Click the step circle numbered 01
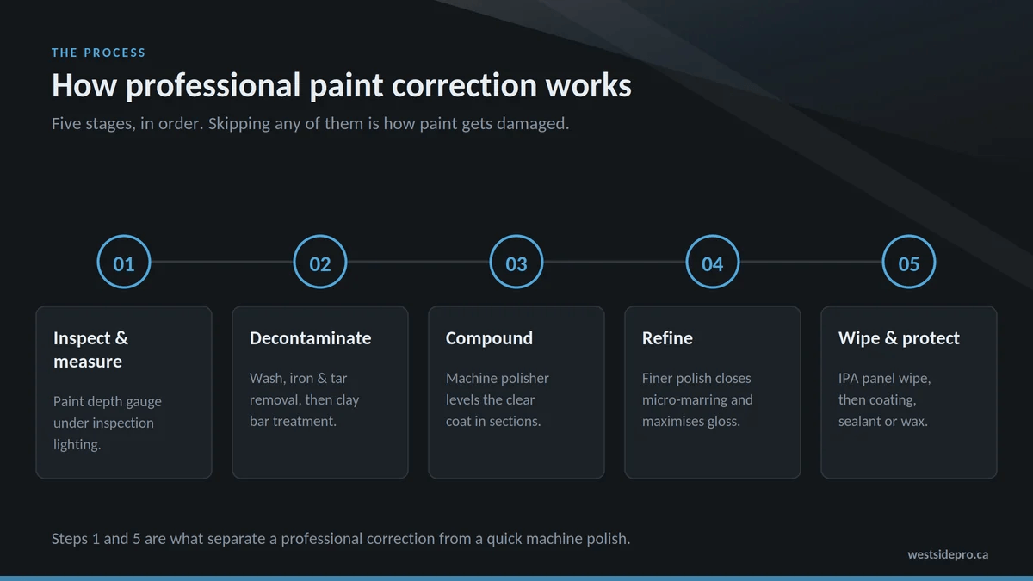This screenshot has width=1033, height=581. point(124,235)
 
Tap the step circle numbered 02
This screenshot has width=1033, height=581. point(320,235)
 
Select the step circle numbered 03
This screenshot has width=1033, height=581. point(516,235)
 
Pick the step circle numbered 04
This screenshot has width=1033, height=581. point(713,235)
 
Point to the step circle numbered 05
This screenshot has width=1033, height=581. point(909,235)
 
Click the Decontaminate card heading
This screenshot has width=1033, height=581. point(311,338)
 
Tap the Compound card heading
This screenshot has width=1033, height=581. point(489,339)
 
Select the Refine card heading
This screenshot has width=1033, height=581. point(667,338)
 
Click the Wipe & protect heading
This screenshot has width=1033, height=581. point(899,339)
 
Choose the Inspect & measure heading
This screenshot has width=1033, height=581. point(90,349)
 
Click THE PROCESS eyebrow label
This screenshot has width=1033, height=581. point(99,53)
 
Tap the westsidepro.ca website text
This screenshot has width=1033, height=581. point(948,554)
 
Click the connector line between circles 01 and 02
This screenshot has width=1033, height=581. point(222,262)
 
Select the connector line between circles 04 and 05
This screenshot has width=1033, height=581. point(811,262)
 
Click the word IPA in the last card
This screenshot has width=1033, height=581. point(848,379)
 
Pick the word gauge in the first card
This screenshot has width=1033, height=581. point(144,402)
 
